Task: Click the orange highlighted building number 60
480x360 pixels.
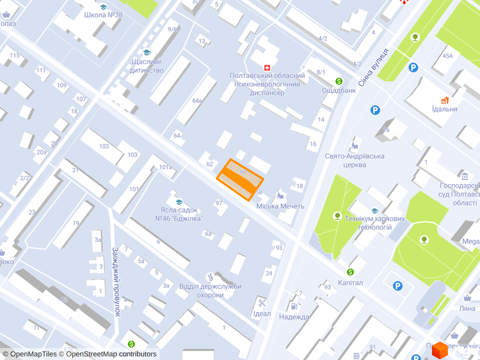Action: tap(240, 179)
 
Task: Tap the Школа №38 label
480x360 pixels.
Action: tap(104, 15)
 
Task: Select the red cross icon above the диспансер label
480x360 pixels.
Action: tap(268, 67)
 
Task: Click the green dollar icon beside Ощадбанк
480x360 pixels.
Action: tap(339, 81)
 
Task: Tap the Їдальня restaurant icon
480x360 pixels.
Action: tap(445, 100)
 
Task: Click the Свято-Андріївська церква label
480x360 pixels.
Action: tap(354, 160)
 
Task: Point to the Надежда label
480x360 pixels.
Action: tap(294, 317)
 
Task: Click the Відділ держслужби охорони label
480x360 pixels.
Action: tap(210, 290)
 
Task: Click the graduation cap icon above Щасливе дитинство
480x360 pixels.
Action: tap(146, 53)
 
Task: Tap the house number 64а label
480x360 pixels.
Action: tap(197, 101)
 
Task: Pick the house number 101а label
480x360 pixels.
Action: tap(166, 167)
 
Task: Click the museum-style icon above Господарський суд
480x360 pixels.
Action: tap(465, 176)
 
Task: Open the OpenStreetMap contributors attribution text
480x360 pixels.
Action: tap(111, 354)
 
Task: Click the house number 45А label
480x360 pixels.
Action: tap(448, 56)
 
